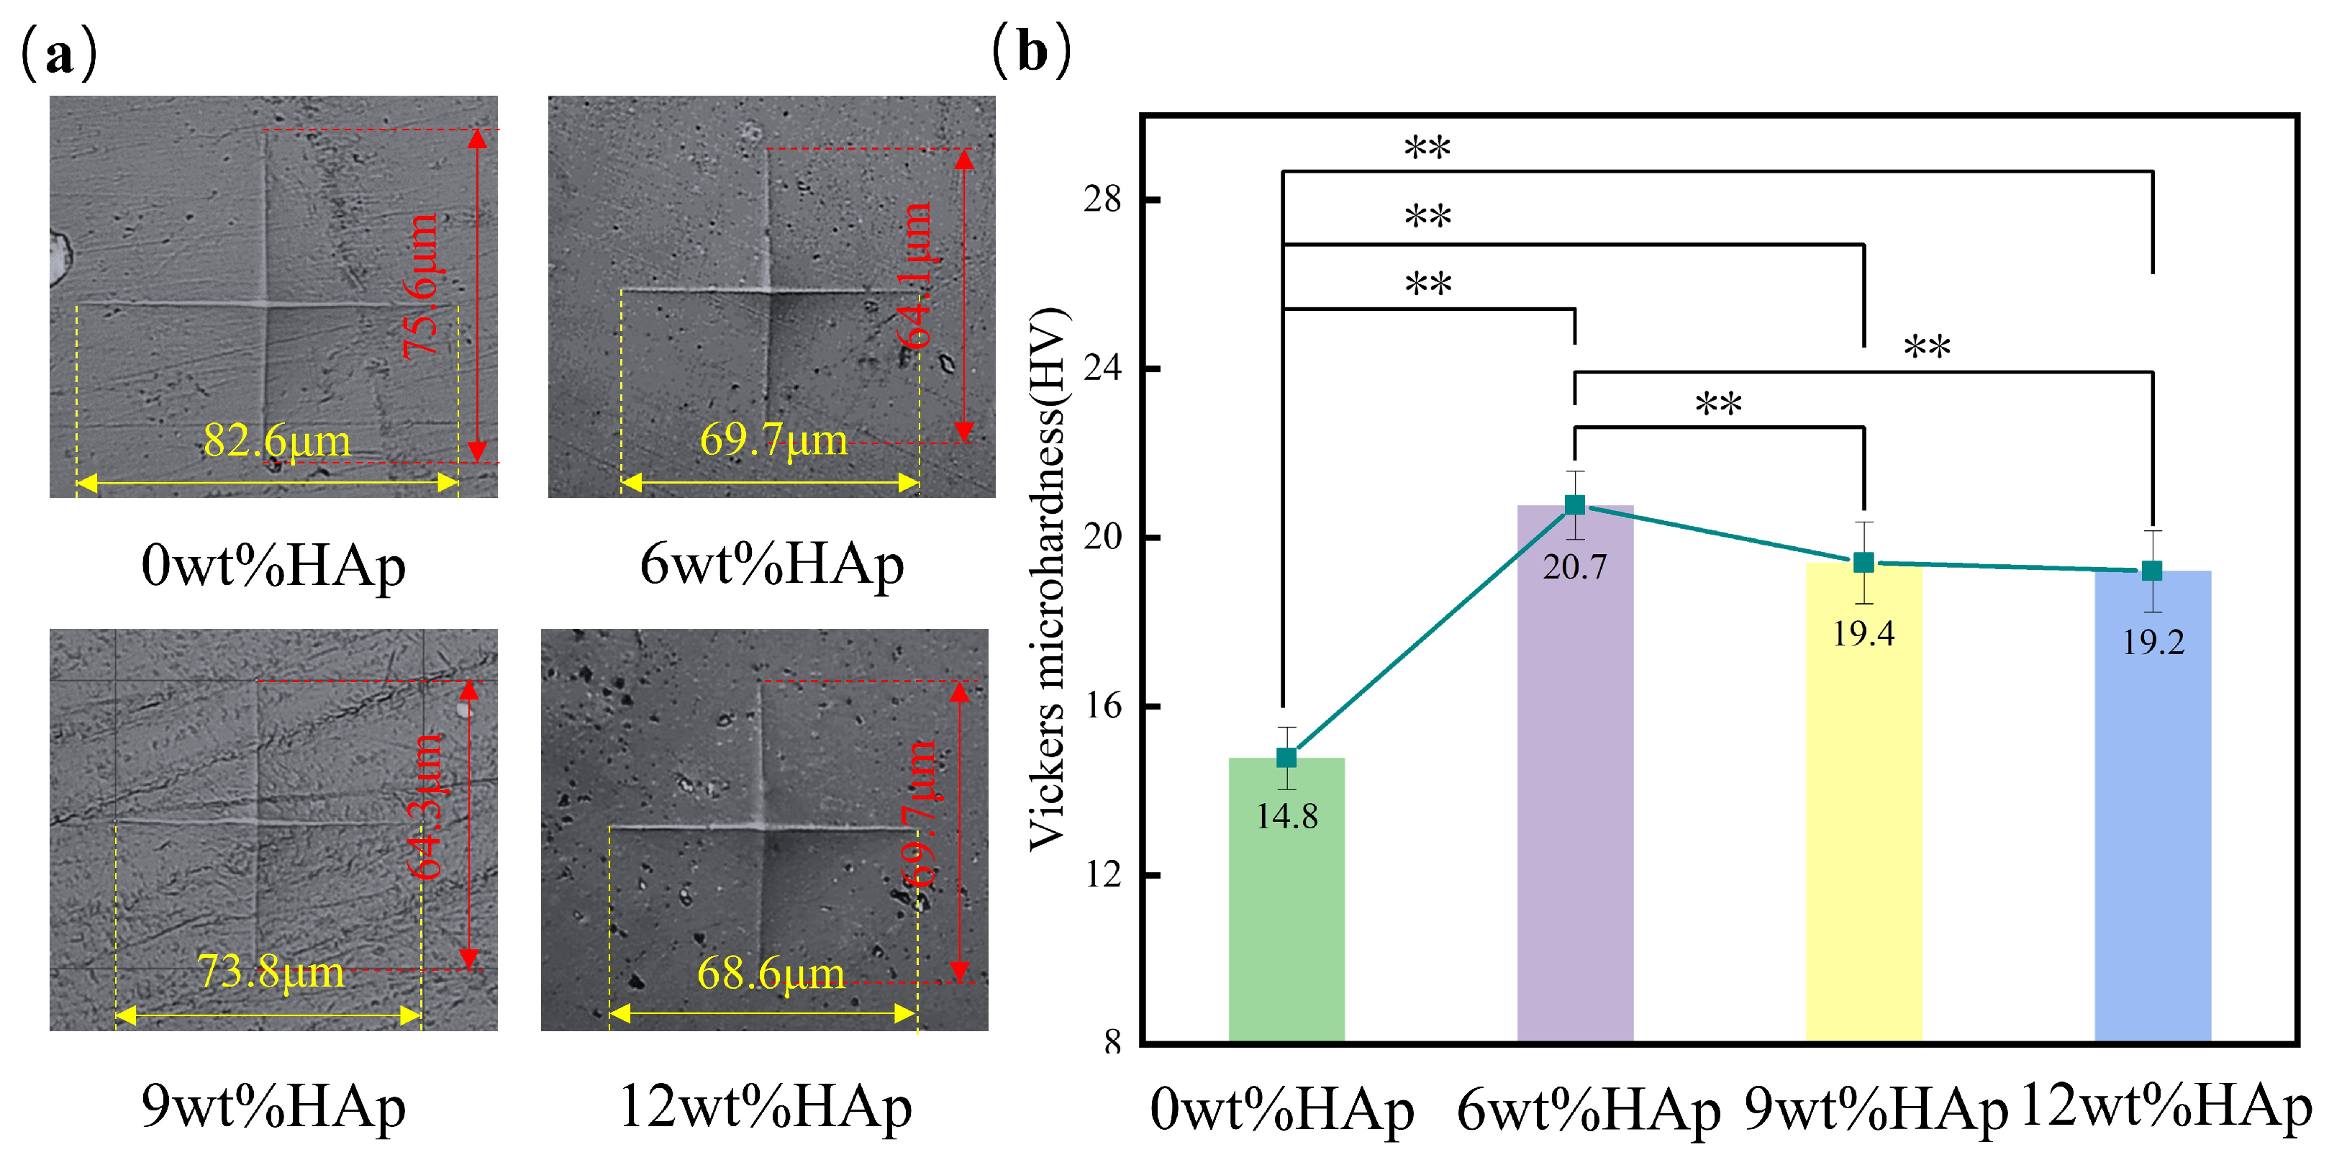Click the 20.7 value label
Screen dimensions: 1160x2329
(x=1574, y=568)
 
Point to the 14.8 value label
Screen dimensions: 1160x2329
(x=1286, y=817)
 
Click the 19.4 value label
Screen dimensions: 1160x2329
(x=1863, y=634)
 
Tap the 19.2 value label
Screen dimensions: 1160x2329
(x=2153, y=643)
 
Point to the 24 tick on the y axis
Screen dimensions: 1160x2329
(x=1102, y=368)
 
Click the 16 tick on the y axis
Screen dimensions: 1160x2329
(x=1102, y=706)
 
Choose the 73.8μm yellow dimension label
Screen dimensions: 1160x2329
(x=271, y=972)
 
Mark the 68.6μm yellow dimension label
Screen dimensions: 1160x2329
(x=771, y=974)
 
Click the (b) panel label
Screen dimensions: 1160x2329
(x=1032, y=52)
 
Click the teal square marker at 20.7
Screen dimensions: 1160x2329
(x=1574, y=504)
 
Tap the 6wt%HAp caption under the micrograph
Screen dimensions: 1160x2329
(x=771, y=565)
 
